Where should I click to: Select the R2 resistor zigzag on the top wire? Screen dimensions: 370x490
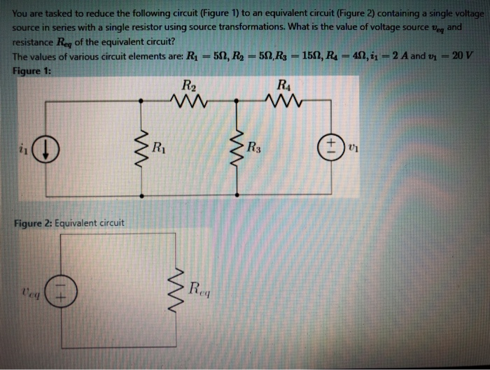tap(188, 101)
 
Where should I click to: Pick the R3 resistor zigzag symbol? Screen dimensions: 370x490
tap(239, 148)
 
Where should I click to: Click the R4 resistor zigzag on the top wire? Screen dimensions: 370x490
tap(283, 101)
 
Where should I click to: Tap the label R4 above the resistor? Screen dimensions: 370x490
tap(283, 86)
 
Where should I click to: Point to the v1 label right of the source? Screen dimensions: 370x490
tap(353, 148)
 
